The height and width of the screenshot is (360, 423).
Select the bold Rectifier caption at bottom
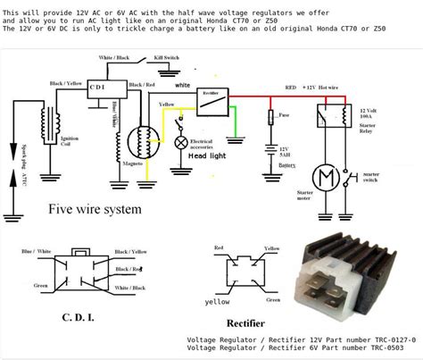(242, 322)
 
